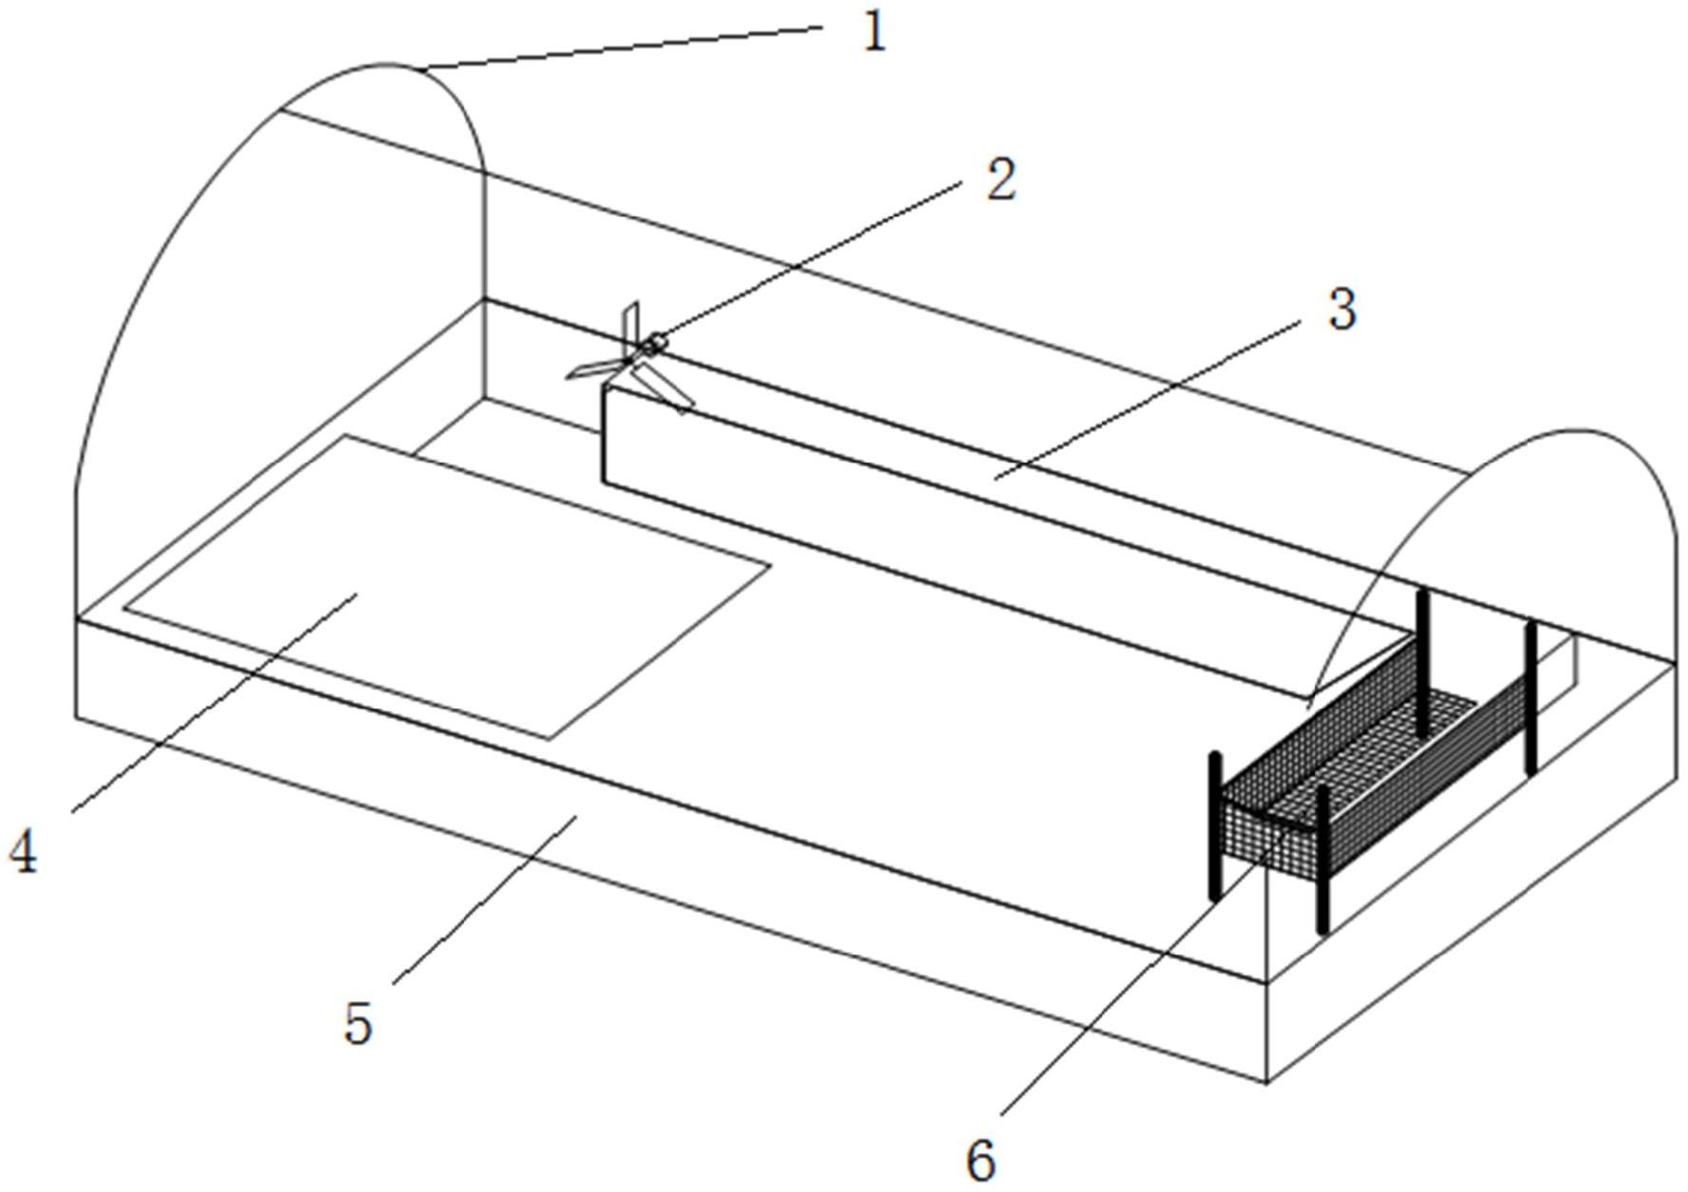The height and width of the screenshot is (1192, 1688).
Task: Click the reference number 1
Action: (874, 32)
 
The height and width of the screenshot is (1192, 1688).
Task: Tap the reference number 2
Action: (1000, 180)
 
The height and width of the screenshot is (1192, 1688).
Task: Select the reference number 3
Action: (1341, 311)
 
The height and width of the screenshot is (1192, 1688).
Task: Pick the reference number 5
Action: (358, 1024)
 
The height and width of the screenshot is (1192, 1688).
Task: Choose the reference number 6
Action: (981, 1159)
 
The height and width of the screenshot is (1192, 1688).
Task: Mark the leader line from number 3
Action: (1149, 399)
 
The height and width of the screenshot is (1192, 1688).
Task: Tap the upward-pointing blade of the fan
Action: (631, 323)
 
